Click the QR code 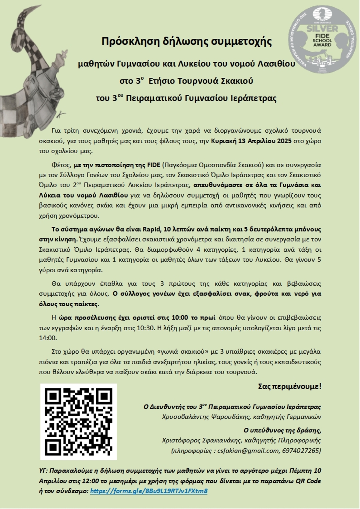(79, 421)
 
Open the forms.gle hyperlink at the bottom (149, 491)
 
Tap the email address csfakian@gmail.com (248, 451)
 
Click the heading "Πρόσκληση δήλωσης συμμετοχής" (186, 41)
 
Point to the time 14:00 (48, 338)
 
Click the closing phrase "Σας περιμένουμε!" (289, 387)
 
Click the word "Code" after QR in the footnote (313, 481)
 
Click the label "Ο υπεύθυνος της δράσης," (282, 430)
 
